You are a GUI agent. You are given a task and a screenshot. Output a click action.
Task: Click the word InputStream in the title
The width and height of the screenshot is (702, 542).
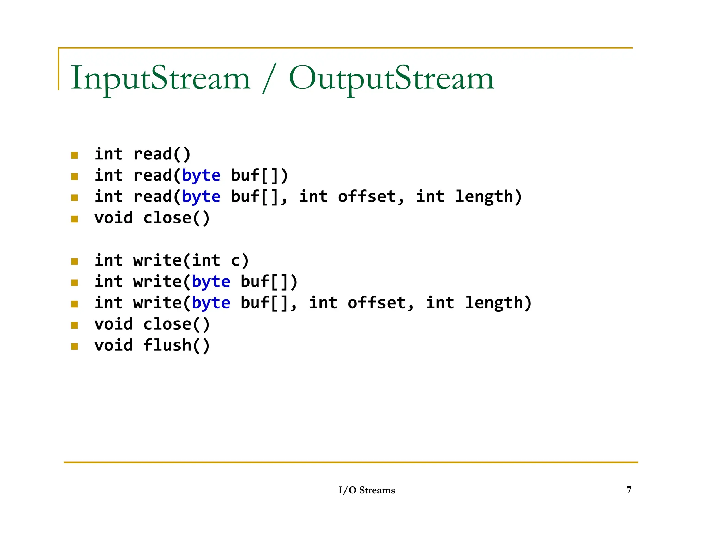[160, 78]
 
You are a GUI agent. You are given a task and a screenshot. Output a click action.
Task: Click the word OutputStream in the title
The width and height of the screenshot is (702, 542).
[391, 78]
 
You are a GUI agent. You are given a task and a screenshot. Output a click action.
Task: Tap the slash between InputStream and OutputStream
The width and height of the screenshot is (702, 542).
[269, 79]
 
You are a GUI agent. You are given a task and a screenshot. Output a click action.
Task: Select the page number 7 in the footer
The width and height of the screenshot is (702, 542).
[629, 490]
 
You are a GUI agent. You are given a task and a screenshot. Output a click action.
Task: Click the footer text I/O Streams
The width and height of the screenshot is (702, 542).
[366, 490]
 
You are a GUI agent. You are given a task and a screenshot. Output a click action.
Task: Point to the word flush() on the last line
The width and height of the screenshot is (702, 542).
[176, 345]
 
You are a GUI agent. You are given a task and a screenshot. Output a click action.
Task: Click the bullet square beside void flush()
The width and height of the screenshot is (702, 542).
[74, 346]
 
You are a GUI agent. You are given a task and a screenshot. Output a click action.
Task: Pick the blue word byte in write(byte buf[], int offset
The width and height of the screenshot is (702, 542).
[211, 303]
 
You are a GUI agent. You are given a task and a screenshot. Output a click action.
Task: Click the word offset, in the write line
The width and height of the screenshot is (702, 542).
[381, 303]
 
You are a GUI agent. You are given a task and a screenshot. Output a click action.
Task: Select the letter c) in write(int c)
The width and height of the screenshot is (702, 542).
[240, 260]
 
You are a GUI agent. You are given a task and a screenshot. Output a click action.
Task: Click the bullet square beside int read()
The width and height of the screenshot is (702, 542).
[74, 155]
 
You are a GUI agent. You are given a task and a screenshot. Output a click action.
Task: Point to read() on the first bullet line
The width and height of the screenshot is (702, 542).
[162, 154]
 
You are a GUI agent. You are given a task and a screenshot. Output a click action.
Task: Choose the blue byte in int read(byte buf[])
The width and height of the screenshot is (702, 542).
[201, 176]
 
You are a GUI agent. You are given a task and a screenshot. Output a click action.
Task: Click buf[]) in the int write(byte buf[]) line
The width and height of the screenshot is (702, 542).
[269, 282]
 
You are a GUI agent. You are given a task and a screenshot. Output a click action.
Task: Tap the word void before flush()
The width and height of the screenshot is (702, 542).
[113, 345]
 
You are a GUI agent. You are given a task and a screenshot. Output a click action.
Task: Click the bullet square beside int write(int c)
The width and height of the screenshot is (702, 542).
[74, 262]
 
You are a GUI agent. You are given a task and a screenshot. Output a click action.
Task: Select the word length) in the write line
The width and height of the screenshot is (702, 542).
[498, 303]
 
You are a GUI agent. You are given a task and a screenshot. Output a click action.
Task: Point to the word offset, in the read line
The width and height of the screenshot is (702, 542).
[371, 197]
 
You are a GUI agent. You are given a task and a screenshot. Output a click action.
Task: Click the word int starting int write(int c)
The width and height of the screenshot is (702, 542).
[109, 260]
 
